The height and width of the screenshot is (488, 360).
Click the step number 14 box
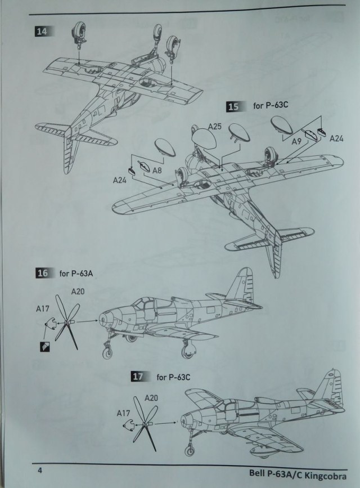click(x=41, y=32)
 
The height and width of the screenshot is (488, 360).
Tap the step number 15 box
click(x=232, y=106)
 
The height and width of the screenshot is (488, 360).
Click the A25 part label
click(x=214, y=127)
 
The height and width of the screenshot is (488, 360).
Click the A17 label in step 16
click(x=42, y=308)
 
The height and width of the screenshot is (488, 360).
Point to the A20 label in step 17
click(x=151, y=399)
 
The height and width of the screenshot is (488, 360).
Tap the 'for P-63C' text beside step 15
click(x=266, y=106)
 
